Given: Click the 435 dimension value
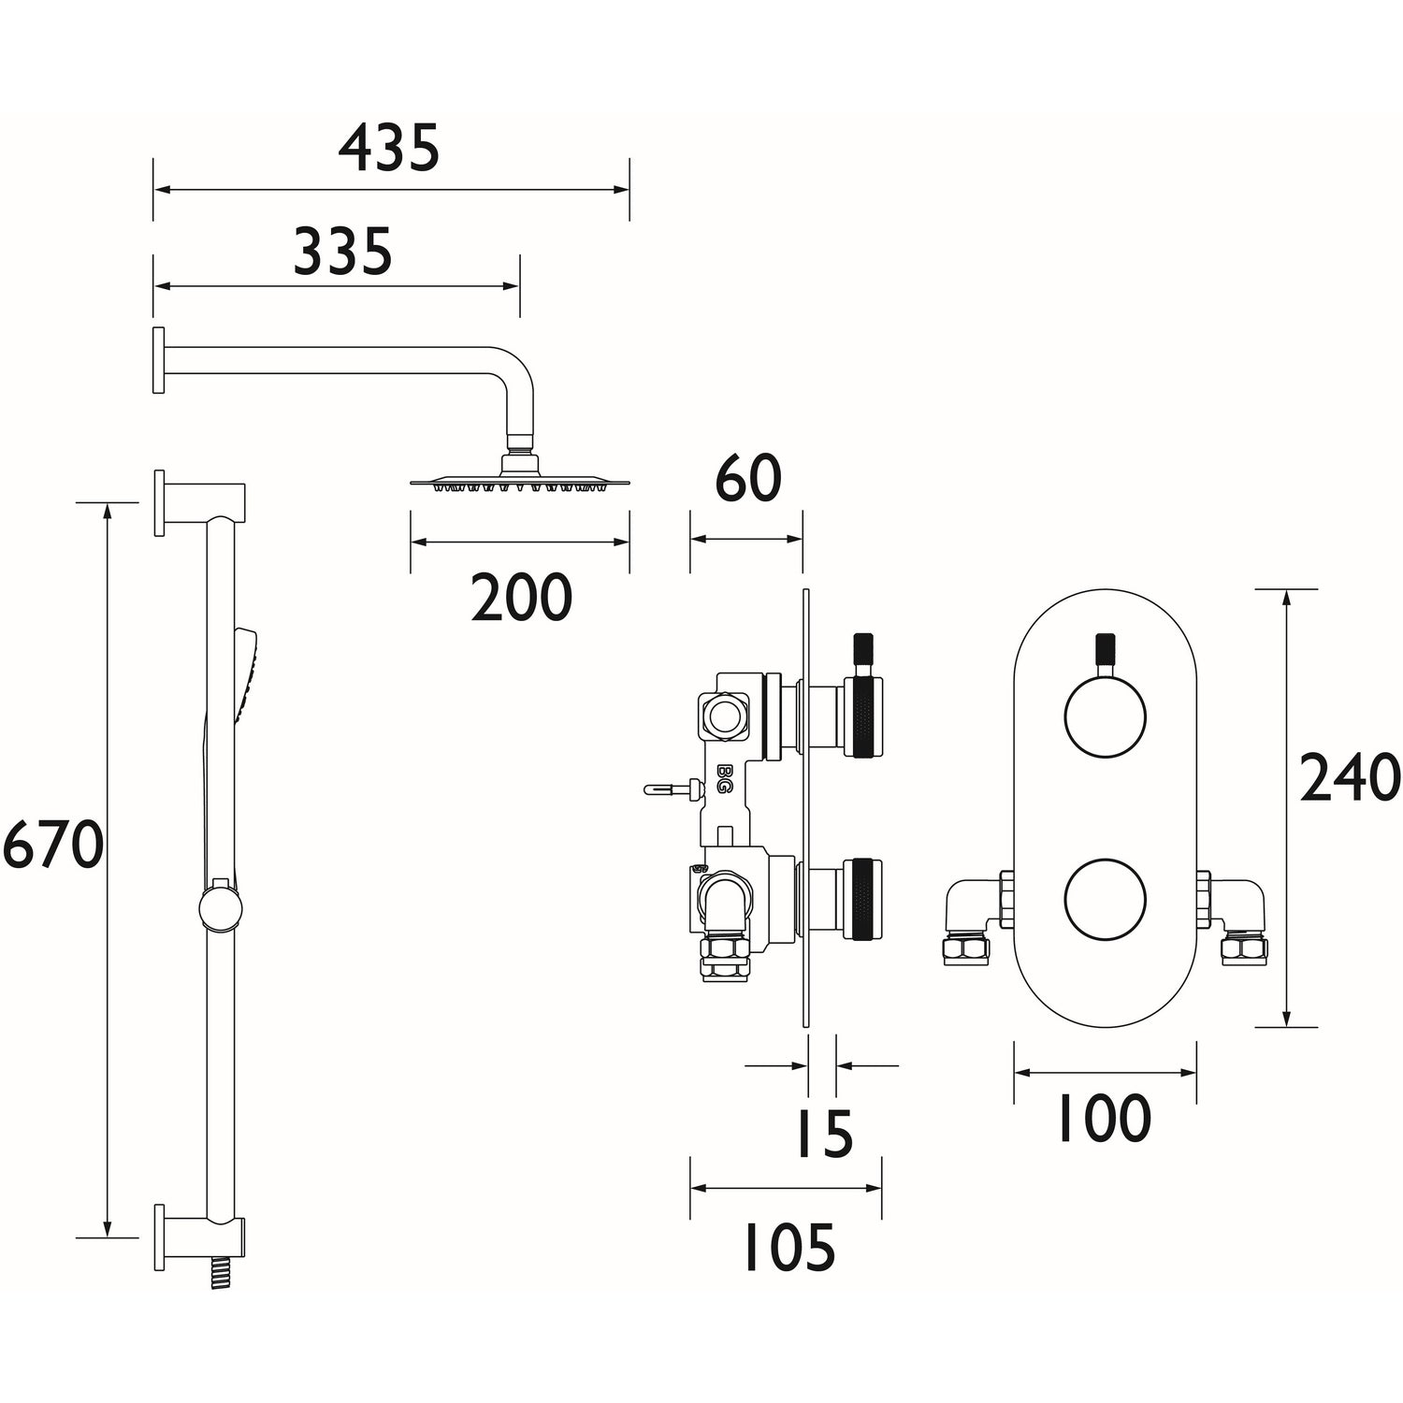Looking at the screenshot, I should click(388, 150).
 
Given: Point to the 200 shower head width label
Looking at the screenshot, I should click(521, 599).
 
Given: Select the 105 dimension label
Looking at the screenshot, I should click(788, 1249).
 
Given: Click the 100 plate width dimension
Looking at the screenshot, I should click(1104, 1119).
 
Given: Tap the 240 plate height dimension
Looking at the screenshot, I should click(1350, 779).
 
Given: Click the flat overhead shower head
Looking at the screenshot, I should click(519, 482).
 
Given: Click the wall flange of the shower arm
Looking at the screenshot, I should click(159, 360).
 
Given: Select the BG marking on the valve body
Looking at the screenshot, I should click(724, 778).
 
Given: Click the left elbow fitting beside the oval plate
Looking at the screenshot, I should click(971, 917).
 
